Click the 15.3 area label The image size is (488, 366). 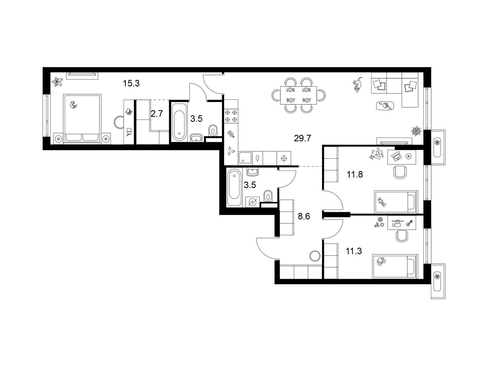pos(131,84)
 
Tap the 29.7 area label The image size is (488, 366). pos(302,138)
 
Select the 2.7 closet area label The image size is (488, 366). pos(157,114)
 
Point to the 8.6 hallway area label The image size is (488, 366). pos(304,216)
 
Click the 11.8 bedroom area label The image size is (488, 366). pos(355,174)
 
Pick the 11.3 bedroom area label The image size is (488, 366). pos(354,251)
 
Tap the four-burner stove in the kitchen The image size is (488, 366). pos(231,116)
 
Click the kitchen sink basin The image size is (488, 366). pos(245,158)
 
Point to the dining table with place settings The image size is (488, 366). pos(298,95)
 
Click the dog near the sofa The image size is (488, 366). pos(357,85)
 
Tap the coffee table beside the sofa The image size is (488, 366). pos(385,106)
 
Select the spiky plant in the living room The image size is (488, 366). pos(416,131)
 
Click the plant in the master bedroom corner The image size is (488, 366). pos(57,81)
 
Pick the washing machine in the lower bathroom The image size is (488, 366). pos(252,202)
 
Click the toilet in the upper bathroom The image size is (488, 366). pos(213,131)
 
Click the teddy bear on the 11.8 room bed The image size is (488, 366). pos(382,202)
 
